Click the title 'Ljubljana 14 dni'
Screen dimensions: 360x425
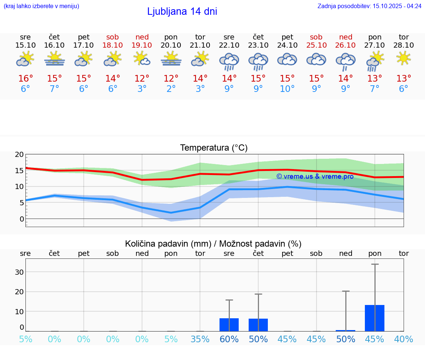(182, 11)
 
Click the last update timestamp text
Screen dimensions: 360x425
(369, 6)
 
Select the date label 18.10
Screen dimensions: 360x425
(113, 45)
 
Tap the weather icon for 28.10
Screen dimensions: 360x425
(404, 58)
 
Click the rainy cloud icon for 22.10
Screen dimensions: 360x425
(229, 61)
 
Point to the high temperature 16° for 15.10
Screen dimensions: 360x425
(25, 79)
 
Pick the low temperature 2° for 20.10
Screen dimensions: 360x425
(171, 89)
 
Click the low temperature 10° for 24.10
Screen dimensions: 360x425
(287, 89)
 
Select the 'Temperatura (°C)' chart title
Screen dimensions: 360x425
(214, 148)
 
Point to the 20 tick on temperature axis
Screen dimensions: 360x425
(19, 155)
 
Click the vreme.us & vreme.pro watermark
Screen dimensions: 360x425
(315, 176)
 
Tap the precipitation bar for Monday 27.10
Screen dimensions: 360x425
(374, 318)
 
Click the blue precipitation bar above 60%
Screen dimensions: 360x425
(229, 325)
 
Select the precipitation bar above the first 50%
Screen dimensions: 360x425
(258, 325)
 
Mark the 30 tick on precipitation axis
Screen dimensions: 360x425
(19, 272)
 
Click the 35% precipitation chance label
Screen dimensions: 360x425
(200, 339)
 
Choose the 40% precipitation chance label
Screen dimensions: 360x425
(404, 339)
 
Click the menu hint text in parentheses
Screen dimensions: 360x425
(41, 6)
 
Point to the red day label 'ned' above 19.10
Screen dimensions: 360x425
(142, 37)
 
